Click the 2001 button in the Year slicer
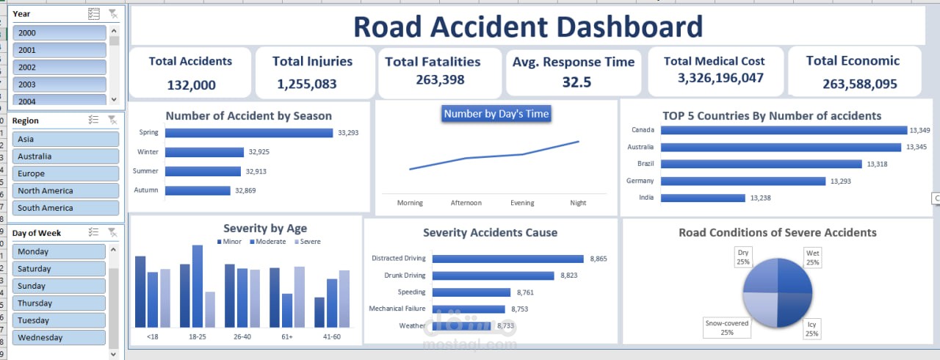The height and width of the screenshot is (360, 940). pyautogui.click(x=59, y=50)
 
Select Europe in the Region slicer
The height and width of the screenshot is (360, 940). pyautogui.click(x=65, y=173)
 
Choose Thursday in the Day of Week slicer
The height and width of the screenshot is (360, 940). pyautogui.click(x=59, y=303)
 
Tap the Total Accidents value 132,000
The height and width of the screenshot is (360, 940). pyautogui.click(x=192, y=85)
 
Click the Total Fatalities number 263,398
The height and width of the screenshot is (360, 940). pyautogui.click(x=440, y=80)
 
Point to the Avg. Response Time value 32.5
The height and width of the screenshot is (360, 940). pyautogui.click(x=576, y=82)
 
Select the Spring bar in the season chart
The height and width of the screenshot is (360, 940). pyautogui.click(x=249, y=133)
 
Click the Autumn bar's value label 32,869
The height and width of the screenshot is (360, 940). pyautogui.click(x=245, y=190)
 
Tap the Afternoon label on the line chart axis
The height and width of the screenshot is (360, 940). pyautogui.click(x=466, y=203)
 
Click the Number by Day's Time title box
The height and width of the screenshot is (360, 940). pyautogui.click(x=496, y=114)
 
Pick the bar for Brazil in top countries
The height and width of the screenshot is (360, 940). pyautogui.click(x=762, y=164)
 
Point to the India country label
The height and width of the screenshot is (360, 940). pyautogui.click(x=646, y=197)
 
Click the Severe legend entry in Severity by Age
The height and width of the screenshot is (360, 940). pyautogui.click(x=308, y=242)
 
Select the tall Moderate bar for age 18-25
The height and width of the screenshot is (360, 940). pyautogui.click(x=198, y=286)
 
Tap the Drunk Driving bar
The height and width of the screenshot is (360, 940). pyautogui.click(x=493, y=276)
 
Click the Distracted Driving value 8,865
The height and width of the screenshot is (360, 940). pyautogui.click(x=599, y=259)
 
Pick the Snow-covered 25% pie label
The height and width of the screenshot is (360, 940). pyautogui.click(x=727, y=328)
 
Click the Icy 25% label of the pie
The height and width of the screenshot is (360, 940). pyautogui.click(x=811, y=329)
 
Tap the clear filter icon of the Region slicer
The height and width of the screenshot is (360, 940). pyautogui.click(x=112, y=120)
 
